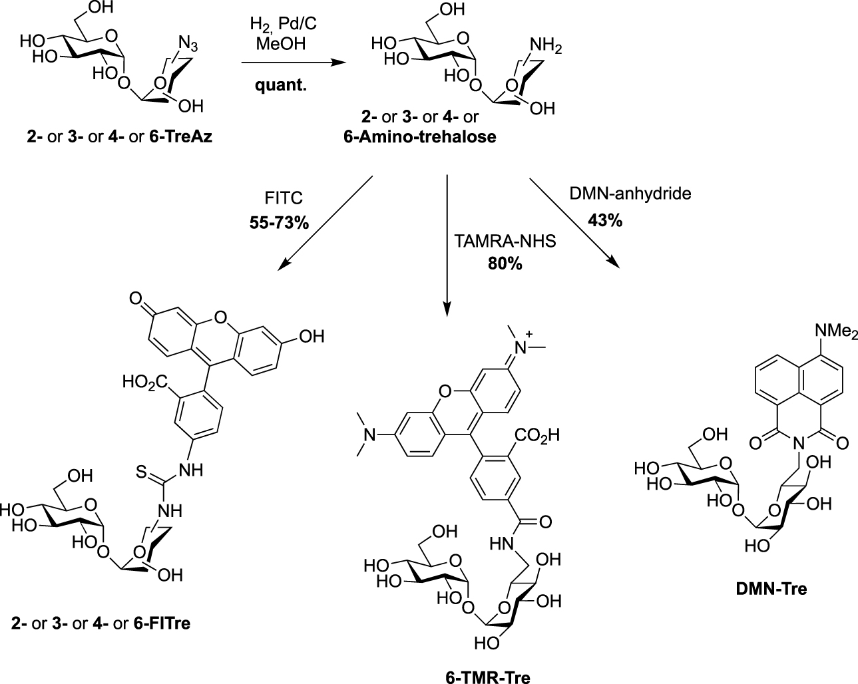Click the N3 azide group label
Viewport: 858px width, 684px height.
188,43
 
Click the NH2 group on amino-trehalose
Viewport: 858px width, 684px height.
546,46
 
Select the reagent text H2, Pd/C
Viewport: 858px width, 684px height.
283,25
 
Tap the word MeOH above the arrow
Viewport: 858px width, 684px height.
281,43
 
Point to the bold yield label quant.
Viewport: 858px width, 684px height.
281,85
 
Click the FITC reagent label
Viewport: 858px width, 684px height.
284,198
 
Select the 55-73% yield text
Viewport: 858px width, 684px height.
279,223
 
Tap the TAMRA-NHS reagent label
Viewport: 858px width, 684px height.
505,241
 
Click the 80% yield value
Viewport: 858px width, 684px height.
505,264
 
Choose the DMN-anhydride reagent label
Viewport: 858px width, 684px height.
630,194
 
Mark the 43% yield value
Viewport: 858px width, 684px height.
605,220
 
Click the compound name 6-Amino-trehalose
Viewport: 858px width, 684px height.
420,136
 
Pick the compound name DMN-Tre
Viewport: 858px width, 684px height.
771,589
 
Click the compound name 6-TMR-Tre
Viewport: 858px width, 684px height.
488,677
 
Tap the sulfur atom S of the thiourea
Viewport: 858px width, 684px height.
141,472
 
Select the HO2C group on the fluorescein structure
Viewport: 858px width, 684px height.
145,382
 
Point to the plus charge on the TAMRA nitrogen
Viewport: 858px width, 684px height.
529,333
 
